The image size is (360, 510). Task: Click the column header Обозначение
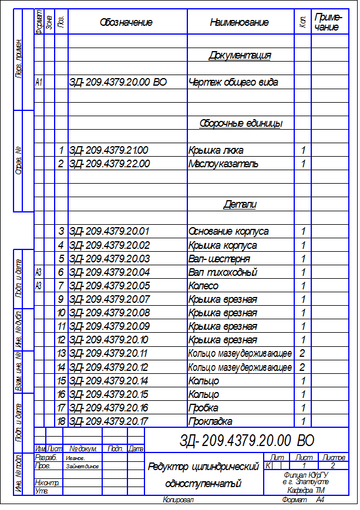(x=126, y=22)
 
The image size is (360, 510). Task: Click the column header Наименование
(x=239, y=22)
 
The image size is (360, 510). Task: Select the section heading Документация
(x=240, y=56)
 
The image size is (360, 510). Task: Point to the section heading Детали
(x=240, y=205)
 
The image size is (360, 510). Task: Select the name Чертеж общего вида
(x=233, y=83)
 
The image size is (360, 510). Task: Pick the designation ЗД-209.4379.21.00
(x=109, y=150)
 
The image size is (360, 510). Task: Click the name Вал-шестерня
(x=219, y=259)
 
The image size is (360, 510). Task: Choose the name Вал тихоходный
(x=223, y=272)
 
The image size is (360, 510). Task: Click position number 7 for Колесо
(x=60, y=286)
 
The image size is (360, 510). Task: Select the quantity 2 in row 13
(x=302, y=354)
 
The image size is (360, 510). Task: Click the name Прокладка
(x=210, y=421)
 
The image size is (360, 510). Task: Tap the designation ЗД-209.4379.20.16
(x=109, y=408)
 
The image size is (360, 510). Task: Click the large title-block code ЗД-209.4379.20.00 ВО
(x=247, y=441)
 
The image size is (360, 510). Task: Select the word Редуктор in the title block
(x=169, y=468)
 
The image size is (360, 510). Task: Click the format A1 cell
(x=39, y=83)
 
